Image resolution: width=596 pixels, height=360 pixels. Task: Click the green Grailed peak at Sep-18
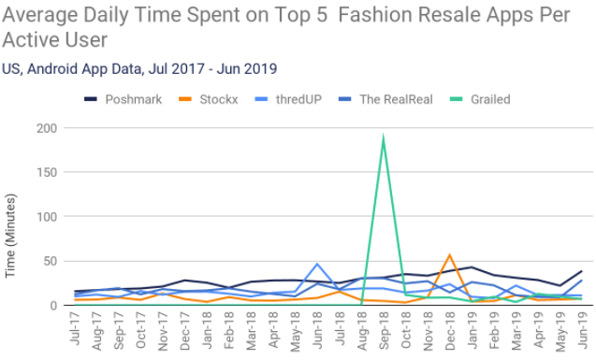[384, 137]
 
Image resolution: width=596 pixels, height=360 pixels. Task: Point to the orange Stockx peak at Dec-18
[450, 255]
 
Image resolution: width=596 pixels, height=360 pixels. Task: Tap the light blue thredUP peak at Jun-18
[317, 265]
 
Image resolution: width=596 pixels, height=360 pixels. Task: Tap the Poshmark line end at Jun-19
[581, 271]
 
